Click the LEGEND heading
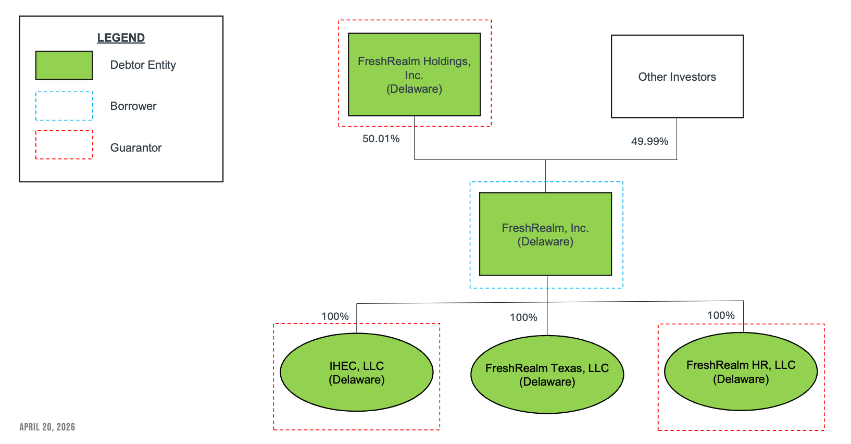(121, 38)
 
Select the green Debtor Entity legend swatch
(64, 65)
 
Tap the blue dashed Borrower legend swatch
(64, 106)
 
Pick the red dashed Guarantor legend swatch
(64, 145)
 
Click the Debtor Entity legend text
(143, 65)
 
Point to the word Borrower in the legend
(133, 106)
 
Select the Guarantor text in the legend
(135, 147)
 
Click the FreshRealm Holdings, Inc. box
(414, 75)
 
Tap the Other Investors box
(677, 77)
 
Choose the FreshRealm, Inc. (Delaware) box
(545, 234)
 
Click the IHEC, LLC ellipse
(356, 372)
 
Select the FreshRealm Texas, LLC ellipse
(547, 375)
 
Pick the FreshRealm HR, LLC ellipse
(741, 372)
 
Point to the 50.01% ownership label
(381, 139)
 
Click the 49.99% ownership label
(649, 141)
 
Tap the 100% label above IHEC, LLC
(335, 316)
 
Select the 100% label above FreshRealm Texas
(523, 317)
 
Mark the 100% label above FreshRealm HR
(721, 315)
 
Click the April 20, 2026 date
(47, 427)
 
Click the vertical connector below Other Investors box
(677, 139)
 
